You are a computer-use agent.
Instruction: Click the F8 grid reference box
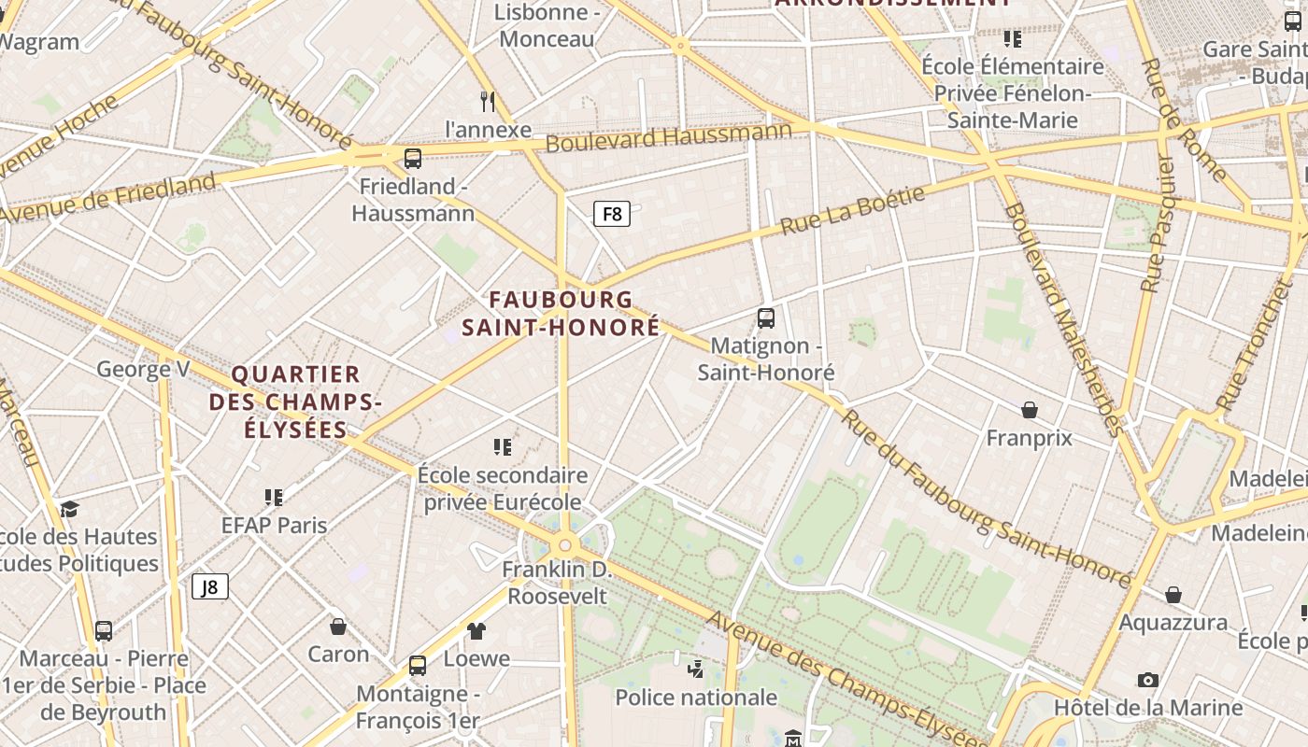click(x=612, y=214)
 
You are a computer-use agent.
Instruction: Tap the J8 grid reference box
click(x=210, y=586)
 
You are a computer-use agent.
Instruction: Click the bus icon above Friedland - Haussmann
click(x=413, y=159)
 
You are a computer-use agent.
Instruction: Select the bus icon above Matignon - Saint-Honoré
click(x=766, y=318)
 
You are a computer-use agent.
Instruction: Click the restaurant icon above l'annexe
click(x=487, y=101)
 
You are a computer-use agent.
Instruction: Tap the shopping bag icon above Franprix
click(x=1029, y=410)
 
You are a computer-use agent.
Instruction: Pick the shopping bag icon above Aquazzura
click(x=1173, y=595)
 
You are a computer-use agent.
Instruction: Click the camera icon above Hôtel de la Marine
click(x=1148, y=680)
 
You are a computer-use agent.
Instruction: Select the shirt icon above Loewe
click(x=476, y=631)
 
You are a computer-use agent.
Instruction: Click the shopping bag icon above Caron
click(x=338, y=627)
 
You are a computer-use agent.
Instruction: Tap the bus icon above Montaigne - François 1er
click(x=418, y=666)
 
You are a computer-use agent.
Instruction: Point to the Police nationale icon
click(x=695, y=669)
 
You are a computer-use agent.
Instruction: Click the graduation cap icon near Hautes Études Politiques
click(x=69, y=509)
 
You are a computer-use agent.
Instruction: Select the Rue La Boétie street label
click(x=852, y=211)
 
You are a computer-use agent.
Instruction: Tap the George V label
click(x=143, y=369)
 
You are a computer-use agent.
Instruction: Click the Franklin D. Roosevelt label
click(x=556, y=583)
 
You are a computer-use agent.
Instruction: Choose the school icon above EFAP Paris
click(x=274, y=497)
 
